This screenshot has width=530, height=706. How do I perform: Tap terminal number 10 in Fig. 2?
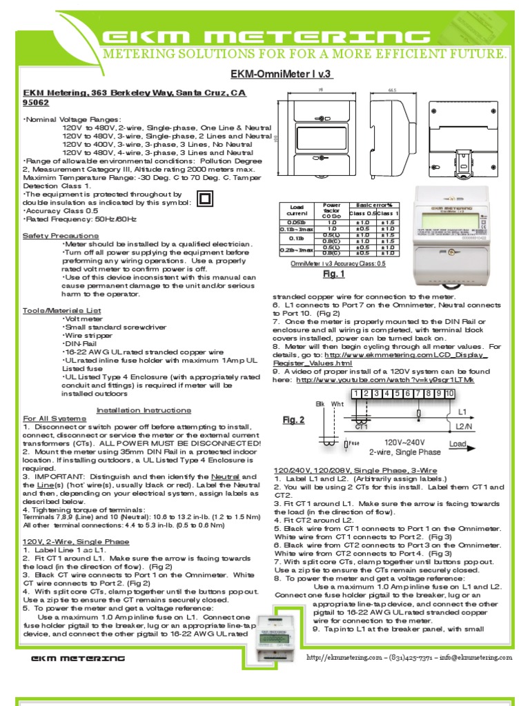coord(449,394)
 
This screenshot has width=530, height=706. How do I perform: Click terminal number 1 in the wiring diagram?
coord(356,394)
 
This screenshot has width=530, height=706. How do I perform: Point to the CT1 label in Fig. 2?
coord(362,427)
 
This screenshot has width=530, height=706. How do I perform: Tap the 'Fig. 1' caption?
coord(333,274)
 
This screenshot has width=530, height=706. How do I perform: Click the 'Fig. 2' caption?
coord(293,420)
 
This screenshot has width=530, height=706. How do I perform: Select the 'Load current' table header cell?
coord(297,209)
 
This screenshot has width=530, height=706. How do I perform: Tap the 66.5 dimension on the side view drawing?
coord(392,89)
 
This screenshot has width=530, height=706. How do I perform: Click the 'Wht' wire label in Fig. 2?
coord(337,403)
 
